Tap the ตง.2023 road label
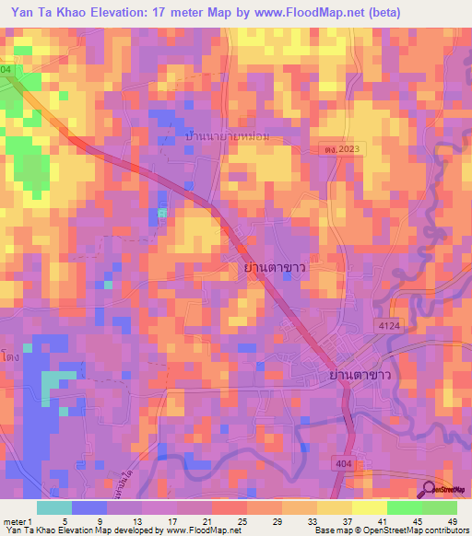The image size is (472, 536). (x=343, y=148)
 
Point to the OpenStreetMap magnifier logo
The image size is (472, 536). (x=430, y=489)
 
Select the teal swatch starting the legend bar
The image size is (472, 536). (x=53, y=507)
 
